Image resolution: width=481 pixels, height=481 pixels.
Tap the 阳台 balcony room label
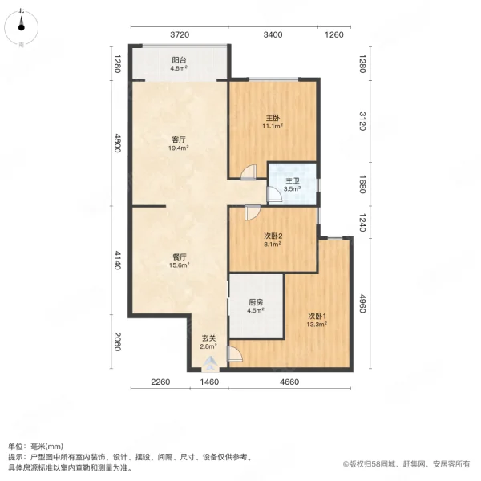(x=179, y=60)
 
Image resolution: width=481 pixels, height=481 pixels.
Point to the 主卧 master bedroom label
(x=273, y=117)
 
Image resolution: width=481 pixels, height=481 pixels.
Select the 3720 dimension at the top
(x=179, y=34)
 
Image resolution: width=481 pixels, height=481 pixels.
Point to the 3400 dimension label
(x=273, y=34)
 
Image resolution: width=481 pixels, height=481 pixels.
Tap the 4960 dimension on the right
(x=362, y=305)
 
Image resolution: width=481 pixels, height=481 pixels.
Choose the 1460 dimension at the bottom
(x=209, y=382)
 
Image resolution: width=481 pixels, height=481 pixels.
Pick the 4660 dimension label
(x=289, y=382)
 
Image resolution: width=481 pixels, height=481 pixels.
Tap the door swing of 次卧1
(x=234, y=353)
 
